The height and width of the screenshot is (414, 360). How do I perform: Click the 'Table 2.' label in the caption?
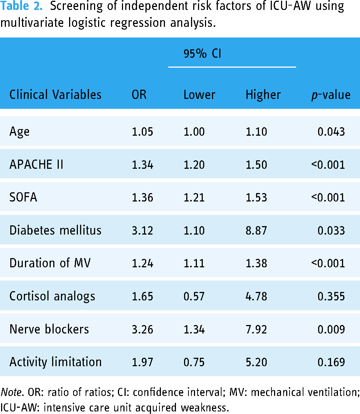tap(21, 6)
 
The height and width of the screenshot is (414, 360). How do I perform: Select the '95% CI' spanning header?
tap(202, 54)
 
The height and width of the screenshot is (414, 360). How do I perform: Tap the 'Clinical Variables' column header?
tap(55, 94)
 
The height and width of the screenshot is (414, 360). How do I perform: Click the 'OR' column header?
tap(139, 94)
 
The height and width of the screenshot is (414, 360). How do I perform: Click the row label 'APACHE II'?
tap(36, 164)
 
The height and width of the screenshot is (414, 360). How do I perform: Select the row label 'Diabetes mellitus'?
tap(55, 230)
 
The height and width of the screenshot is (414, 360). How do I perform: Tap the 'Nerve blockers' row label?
tap(49, 329)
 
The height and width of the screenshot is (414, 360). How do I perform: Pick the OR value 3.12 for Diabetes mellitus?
tap(143, 231)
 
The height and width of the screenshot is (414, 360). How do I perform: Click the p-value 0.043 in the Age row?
tap(331, 132)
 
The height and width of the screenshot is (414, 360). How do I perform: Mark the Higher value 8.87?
tap(256, 231)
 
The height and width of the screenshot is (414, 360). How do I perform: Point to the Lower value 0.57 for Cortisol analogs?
tap(194, 296)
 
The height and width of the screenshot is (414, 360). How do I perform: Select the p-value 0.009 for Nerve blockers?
tap(331, 329)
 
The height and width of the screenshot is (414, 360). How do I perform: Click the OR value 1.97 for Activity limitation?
tap(143, 362)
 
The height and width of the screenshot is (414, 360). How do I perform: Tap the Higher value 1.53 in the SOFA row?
tap(256, 197)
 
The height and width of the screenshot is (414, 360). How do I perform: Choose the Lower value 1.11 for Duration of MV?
tap(194, 263)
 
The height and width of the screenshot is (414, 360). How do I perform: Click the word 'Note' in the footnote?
tap(11, 392)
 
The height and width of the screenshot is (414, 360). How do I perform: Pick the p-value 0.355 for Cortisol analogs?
tap(331, 296)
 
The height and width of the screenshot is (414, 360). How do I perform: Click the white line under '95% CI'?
tap(232, 67)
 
